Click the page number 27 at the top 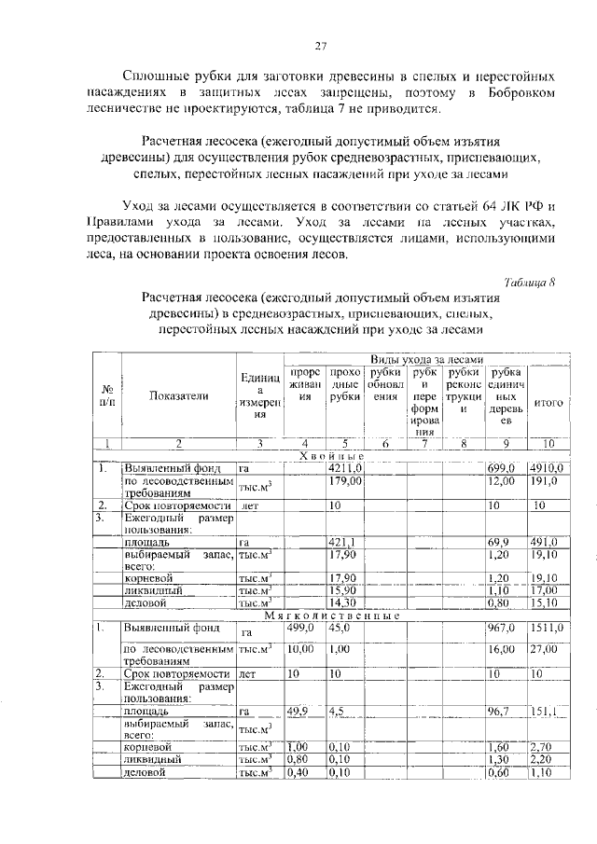(319, 47)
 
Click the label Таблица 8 (529, 283)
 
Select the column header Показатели (178, 395)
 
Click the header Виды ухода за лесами (425, 359)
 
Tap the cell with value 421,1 (342, 542)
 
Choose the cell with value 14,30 (343, 603)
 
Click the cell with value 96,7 (504, 711)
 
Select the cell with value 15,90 (343, 590)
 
